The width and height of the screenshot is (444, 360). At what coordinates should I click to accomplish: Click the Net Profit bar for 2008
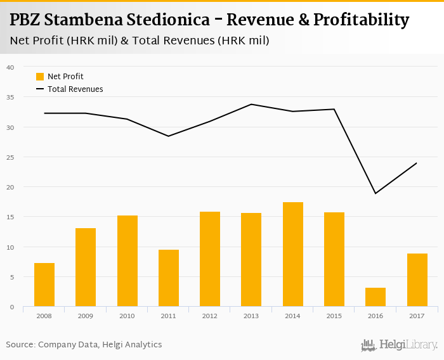coord(44,285)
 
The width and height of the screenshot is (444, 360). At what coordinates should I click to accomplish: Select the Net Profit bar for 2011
coord(169,278)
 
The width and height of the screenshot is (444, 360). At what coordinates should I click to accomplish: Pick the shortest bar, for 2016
coord(375,297)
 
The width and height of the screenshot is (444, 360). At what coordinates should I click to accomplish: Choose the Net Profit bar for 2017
coord(417,280)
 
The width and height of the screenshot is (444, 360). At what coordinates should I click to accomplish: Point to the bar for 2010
coord(127,261)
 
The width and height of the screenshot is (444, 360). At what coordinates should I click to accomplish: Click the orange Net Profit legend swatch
coord(40,77)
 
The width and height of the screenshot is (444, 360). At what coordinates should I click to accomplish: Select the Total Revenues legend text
coord(75,89)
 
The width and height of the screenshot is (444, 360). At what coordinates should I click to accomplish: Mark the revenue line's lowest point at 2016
coord(375,193)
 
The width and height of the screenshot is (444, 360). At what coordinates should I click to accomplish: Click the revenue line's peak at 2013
coord(251,104)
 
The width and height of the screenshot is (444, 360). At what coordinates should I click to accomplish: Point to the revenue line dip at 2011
coord(169,136)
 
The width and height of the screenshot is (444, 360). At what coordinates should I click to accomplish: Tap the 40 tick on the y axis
coord(10,67)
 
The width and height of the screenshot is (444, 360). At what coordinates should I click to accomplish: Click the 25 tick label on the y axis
coord(10,157)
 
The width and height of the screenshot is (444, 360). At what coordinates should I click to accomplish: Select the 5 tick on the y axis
coord(10,277)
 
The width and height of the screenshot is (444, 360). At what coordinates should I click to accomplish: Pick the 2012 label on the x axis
coord(210,315)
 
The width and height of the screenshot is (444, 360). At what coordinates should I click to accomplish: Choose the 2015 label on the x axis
coord(334,315)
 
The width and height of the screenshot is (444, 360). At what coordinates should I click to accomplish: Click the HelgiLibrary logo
coord(400,345)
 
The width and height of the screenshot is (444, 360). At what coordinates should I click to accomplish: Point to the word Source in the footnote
coord(20,345)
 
